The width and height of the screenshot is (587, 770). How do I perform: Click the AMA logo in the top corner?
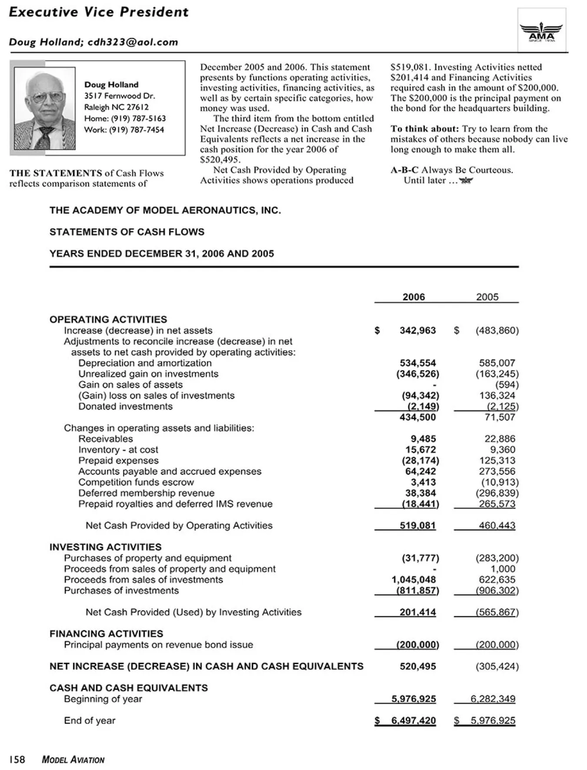point(541,31)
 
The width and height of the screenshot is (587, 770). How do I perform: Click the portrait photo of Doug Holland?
point(44,108)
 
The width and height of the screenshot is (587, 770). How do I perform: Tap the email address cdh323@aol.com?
point(133,42)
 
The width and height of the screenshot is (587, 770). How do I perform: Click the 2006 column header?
point(414,297)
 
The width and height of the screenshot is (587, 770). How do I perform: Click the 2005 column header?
point(487,297)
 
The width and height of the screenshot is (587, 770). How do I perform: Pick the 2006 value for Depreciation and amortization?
point(417,363)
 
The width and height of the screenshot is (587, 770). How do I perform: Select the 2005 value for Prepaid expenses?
point(497,461)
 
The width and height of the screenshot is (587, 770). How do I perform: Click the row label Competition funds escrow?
point(136,482)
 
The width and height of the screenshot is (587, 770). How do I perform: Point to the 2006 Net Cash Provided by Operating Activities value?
point(417,525)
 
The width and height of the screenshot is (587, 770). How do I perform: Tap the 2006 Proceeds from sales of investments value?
point(414,580)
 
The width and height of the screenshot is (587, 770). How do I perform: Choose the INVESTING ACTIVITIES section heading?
point(105,547)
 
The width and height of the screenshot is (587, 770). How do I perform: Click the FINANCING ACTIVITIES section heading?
point(106,634)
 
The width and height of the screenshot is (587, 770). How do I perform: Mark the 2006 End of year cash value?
point(413,721)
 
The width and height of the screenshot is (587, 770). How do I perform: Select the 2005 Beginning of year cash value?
point(493,699)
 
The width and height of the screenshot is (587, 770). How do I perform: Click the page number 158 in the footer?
point(17,760)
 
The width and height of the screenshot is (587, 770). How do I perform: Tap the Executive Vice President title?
point(99,12)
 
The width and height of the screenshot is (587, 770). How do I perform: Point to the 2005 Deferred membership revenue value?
point(497,493)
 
